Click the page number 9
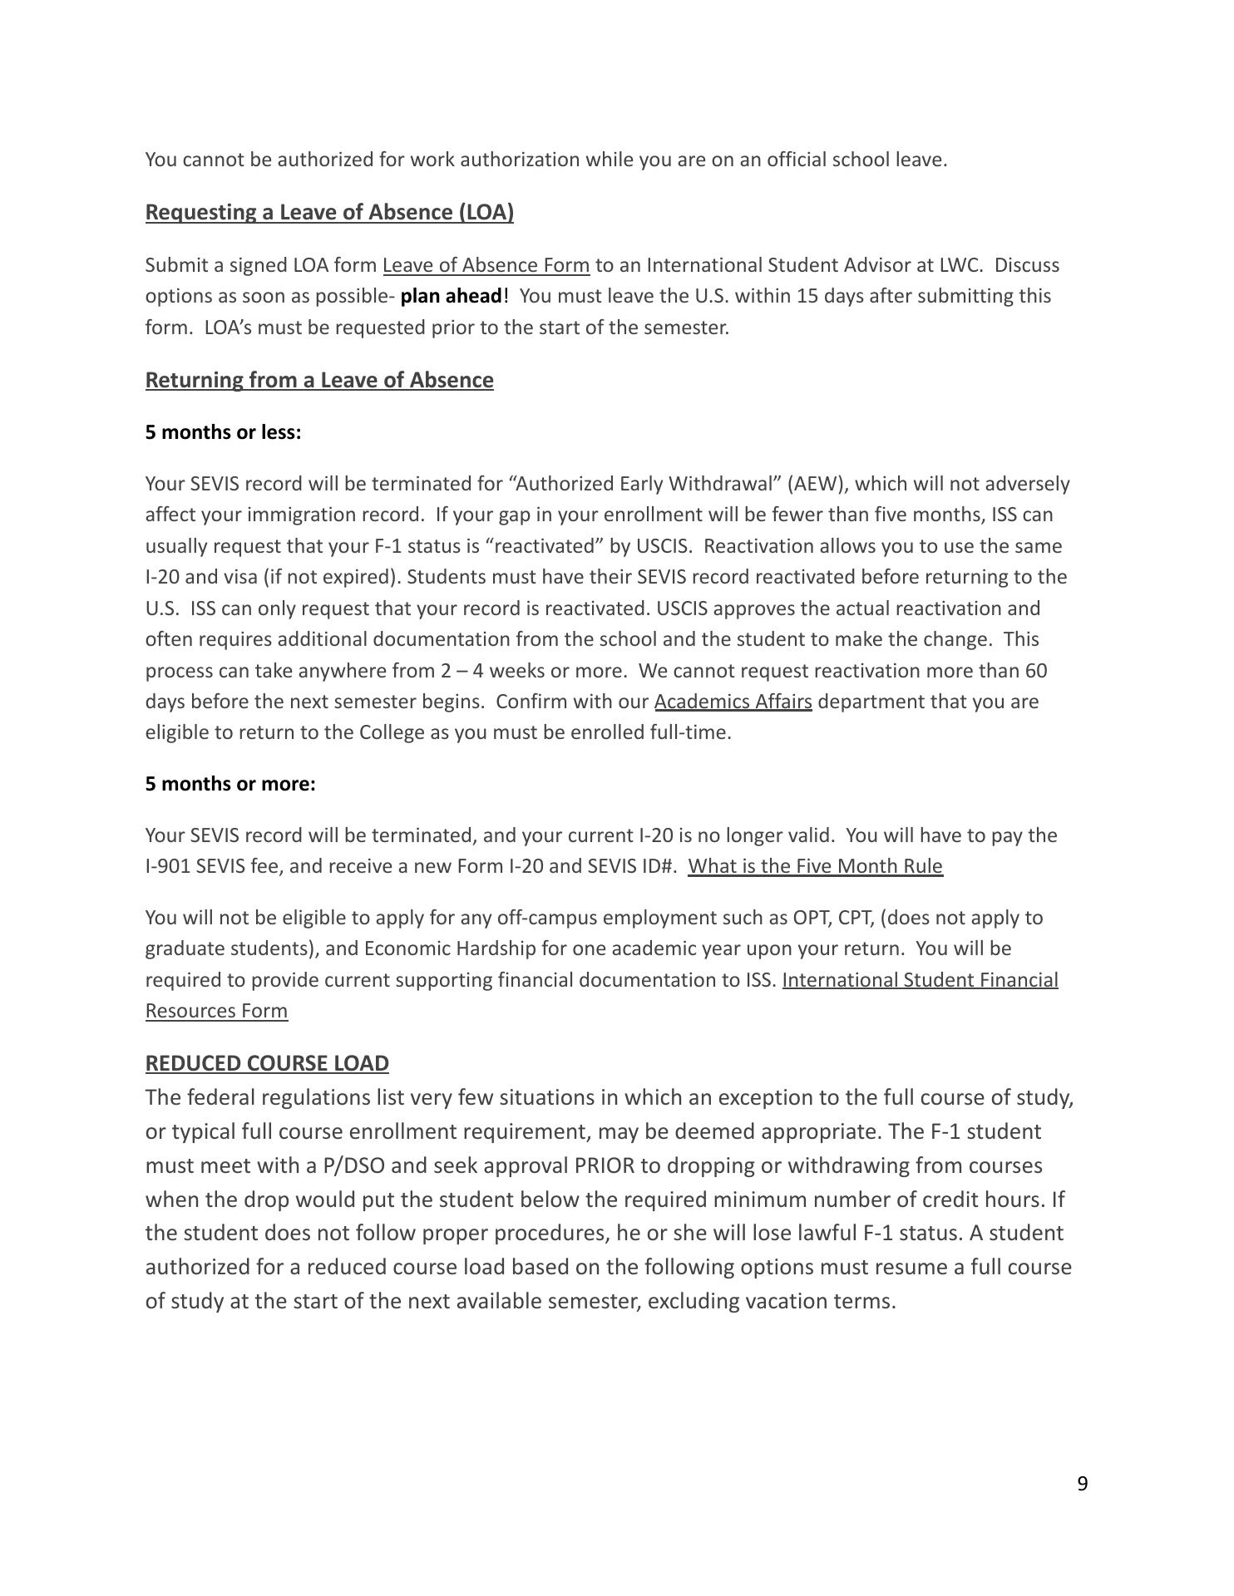(1082, 1484)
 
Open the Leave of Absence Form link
(486, 265)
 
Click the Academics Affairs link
(733, 702)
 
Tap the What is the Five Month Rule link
(815, 866)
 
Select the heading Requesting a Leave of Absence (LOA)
(329, 212)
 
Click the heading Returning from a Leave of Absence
(319, 380)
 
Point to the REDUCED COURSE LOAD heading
(267, 1063)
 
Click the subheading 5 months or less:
(223, 432)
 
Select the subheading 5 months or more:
(230, 784)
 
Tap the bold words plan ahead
(452, 297)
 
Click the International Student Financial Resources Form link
(920, 980)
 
